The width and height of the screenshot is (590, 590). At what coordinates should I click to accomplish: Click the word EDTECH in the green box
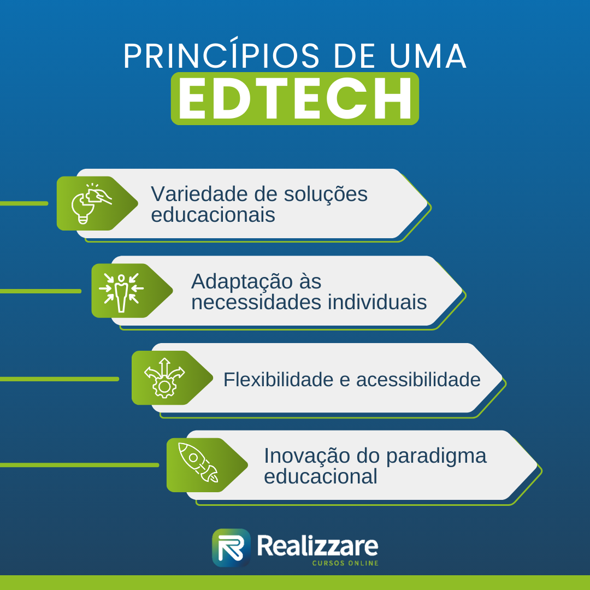click(295, 99)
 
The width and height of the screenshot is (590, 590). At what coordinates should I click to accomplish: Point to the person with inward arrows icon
click(121, 291)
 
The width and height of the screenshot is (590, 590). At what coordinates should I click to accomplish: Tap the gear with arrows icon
click(163, 377)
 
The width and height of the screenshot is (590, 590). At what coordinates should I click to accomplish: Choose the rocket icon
click(198, 464)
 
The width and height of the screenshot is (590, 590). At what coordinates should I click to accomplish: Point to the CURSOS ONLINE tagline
click(345, 563)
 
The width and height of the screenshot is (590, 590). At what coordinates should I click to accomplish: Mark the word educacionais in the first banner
click(213, 215)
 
